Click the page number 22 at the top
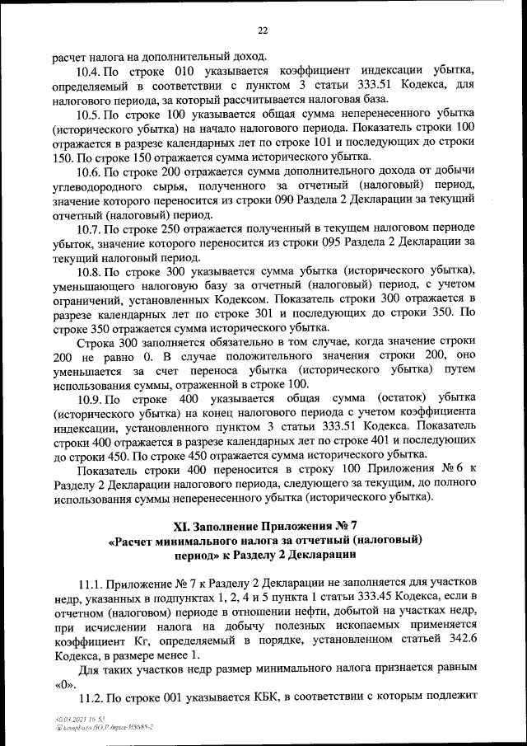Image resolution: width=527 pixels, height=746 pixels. coord(263,30)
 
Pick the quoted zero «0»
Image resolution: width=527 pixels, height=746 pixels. coord(63,683)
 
